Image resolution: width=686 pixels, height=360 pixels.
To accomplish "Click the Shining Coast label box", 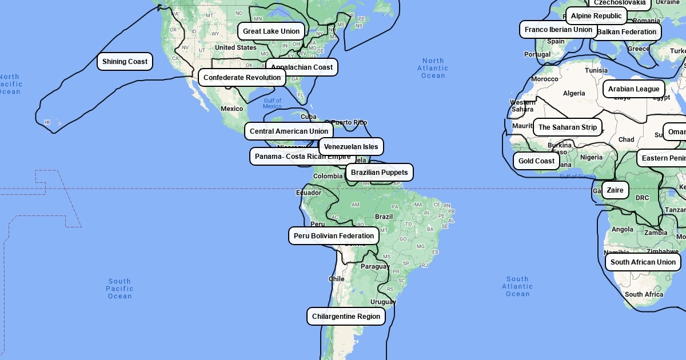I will coord(125,62).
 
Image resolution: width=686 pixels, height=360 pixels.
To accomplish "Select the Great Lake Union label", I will coord(271,31).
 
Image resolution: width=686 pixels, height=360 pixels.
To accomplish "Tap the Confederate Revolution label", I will coord(242,78).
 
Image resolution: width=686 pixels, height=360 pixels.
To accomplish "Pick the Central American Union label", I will coord(289,131).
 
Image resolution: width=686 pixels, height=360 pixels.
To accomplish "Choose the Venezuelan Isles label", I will coord(351,147).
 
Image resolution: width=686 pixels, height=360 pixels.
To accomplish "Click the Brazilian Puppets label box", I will coord(379,173).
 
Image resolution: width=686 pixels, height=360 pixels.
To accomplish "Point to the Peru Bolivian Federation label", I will coord(334,236).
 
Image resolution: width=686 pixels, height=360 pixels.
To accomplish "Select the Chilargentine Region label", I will coord(346,317).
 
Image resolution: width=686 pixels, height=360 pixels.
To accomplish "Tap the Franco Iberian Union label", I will coord(558,30).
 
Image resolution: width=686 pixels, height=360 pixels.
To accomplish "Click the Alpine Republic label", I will coord(596,16).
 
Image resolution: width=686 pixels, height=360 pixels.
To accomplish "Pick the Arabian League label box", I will coord(633,89).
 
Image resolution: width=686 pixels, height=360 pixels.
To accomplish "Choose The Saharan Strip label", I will coord(567,127).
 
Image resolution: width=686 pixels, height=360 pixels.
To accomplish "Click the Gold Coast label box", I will coord(536,161).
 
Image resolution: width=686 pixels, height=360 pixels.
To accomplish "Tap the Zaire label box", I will coord(615,190).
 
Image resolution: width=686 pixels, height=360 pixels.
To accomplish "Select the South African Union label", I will coord(643,262).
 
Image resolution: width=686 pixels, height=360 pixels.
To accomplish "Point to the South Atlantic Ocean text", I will coord(517,286).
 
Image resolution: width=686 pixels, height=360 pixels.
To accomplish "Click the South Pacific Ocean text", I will coord(119,289).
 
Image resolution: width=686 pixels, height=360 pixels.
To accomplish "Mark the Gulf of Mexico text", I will coord(272,103).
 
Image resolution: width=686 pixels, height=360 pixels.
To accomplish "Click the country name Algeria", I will coord(574,93).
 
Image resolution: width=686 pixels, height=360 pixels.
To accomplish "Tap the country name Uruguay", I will coord(383,302).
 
